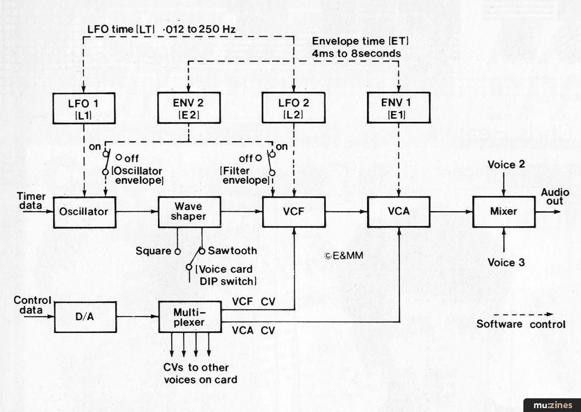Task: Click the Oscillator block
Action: [x=85, y=211]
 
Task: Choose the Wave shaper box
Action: [x=189, y=211]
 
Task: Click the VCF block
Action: [x=294, y=211]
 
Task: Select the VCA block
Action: [x=399, y=211]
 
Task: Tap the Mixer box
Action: [x=504, y=211]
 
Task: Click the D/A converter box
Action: [x=85, y=317]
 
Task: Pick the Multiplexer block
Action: [x=189, y=317]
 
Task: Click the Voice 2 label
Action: [x=501, y=165]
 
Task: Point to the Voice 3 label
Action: [x=506, y=262]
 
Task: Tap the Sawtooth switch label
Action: [x=232, y=251]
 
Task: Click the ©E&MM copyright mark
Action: [x=344, y=255]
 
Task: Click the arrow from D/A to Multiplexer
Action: [x=137, y=317]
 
